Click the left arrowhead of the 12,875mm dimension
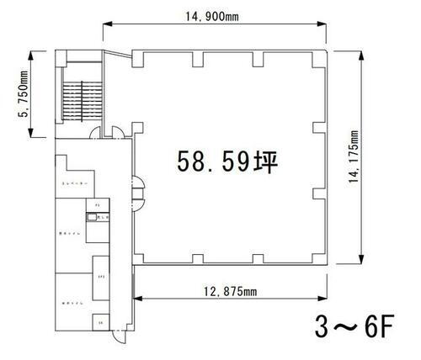[x=134, y=297]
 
